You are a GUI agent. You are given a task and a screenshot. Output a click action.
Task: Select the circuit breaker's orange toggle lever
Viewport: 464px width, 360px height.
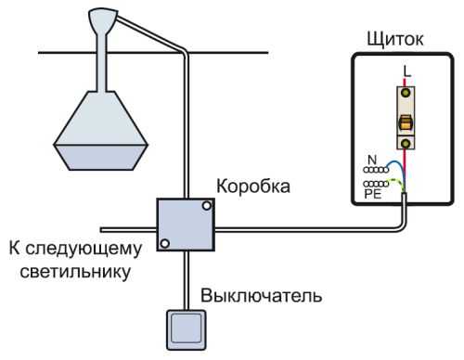406,122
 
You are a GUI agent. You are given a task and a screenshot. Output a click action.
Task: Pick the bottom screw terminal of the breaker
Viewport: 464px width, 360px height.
406,142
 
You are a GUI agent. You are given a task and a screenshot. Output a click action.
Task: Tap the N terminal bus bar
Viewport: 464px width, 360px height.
377,171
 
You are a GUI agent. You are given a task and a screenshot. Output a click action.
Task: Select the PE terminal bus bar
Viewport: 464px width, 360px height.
376,185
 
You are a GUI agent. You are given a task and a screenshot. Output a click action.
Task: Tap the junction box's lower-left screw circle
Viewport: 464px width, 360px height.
163,244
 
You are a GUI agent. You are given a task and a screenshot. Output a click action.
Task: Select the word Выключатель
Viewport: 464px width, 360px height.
262,298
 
